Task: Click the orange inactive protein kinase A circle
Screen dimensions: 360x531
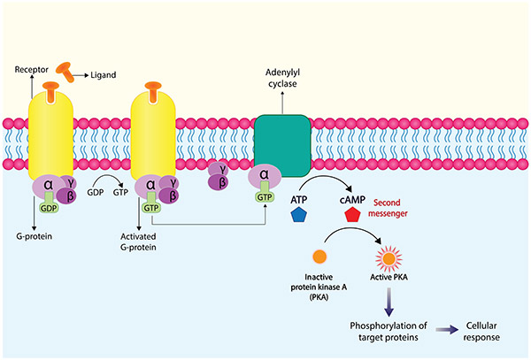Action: point(319,256)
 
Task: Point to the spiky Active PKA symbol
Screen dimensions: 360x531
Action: point(388,257)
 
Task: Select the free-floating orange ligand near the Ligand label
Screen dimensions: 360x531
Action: point(65,67)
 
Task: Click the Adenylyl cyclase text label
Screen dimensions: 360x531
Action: point(282,76)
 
